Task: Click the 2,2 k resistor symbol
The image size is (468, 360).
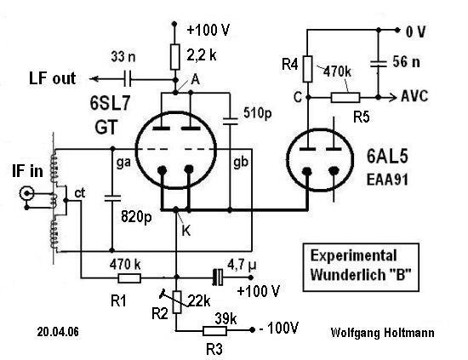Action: click(x=175, y=57)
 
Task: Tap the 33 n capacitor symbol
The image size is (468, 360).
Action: click(x=128, y=79)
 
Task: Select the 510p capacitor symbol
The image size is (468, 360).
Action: click(x=231, y=121)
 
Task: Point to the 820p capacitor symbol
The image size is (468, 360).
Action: click(x=112, y=198)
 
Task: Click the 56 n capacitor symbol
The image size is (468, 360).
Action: click(x=379, y=64)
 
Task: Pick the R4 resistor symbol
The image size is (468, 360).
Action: click(x=308, y=69)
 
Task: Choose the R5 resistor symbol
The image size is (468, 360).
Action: click(x=345, y=98)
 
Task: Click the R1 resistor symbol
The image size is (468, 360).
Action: click(x=129, y=278)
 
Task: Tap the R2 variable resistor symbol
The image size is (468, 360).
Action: click(x=177, y=301)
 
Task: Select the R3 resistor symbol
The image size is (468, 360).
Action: click(x=214, y=330)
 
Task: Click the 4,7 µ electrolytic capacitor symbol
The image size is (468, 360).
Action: click(x=218, y=277)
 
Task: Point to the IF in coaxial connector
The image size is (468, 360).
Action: click(x=26, y=193)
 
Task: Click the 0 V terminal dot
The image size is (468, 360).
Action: click(x=397, y=30)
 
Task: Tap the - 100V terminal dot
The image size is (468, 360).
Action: click(x=252, y=330)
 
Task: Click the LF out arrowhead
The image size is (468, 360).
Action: click(x=94, y=79)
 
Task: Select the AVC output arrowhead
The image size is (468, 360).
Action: click(x=393, y=97)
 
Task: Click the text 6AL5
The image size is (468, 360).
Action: click(x=387, y=156)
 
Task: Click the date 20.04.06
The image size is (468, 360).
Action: click(x=58, y=332)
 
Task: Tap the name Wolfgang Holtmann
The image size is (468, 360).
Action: click(x=382, y=333)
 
